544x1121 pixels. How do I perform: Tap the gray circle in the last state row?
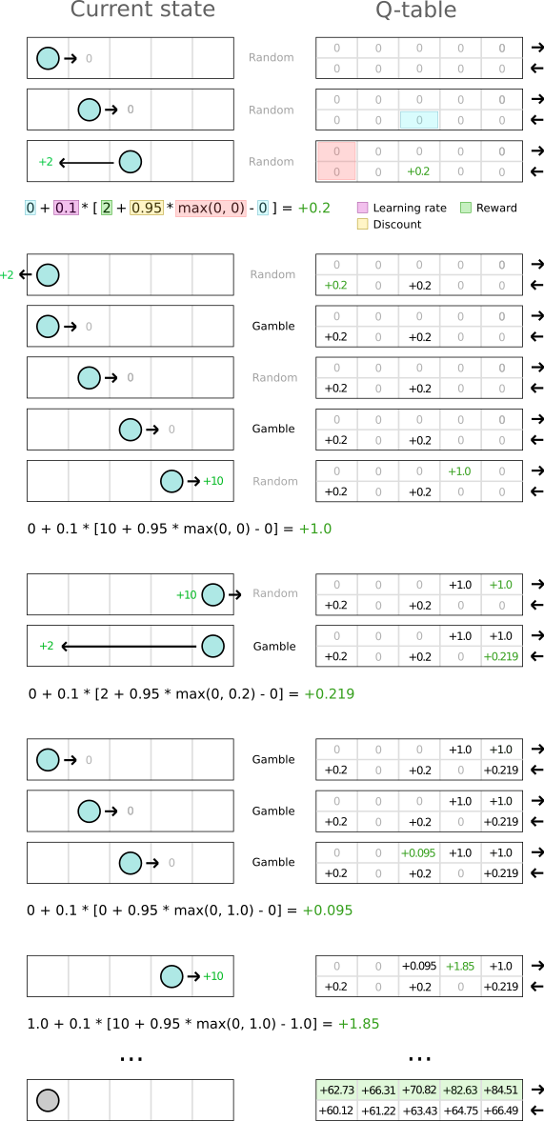48,1101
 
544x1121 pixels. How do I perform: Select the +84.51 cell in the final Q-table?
501,1090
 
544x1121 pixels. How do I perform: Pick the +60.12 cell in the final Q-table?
336,1110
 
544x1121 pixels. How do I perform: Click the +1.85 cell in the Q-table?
459,965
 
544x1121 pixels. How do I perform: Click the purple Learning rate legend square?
362,208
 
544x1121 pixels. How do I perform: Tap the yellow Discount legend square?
362,225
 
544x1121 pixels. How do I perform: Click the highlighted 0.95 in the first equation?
147,208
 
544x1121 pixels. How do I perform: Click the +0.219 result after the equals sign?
330,693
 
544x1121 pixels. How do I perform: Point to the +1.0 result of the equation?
314,530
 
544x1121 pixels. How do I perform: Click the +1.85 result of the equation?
358,1023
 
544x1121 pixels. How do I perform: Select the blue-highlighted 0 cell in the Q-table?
419,120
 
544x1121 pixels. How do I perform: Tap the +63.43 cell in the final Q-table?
419,1110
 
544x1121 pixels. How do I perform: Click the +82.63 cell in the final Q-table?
459,1090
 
